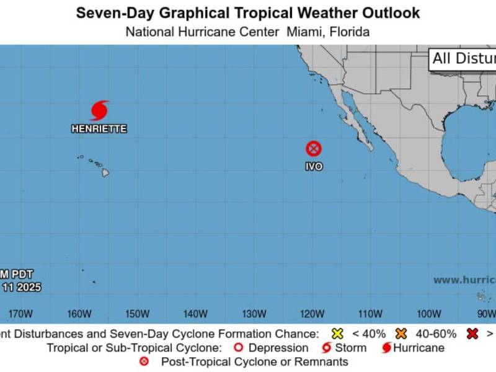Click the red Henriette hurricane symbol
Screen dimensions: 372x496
(x=99, y=110)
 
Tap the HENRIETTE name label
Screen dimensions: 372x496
(x=99, y=129)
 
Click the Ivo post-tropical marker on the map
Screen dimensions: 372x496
(x=314, y=149)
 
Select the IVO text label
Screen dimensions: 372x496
(x=314, y=167)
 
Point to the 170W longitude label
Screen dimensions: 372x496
(x=21, y=313)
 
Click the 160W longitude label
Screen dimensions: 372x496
(x=79, y=313)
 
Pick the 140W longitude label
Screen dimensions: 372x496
(x=196, y=313)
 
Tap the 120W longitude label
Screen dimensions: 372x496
(x=312, y=313)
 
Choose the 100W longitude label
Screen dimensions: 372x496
(x=429, y=313)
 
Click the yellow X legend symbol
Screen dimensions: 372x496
(x=337, y=334)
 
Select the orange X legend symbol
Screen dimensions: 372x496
(x=401, y=334)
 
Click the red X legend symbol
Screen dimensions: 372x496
(x=472, y=334)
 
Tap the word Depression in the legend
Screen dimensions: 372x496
(x=278, y=348)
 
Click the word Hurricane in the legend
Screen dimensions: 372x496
(x=418, y=348)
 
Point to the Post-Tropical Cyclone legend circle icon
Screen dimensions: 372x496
(x=144, y=361)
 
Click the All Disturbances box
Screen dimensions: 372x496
(x=463, y=59)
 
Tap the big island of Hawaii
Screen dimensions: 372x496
(x=105, y=172)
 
